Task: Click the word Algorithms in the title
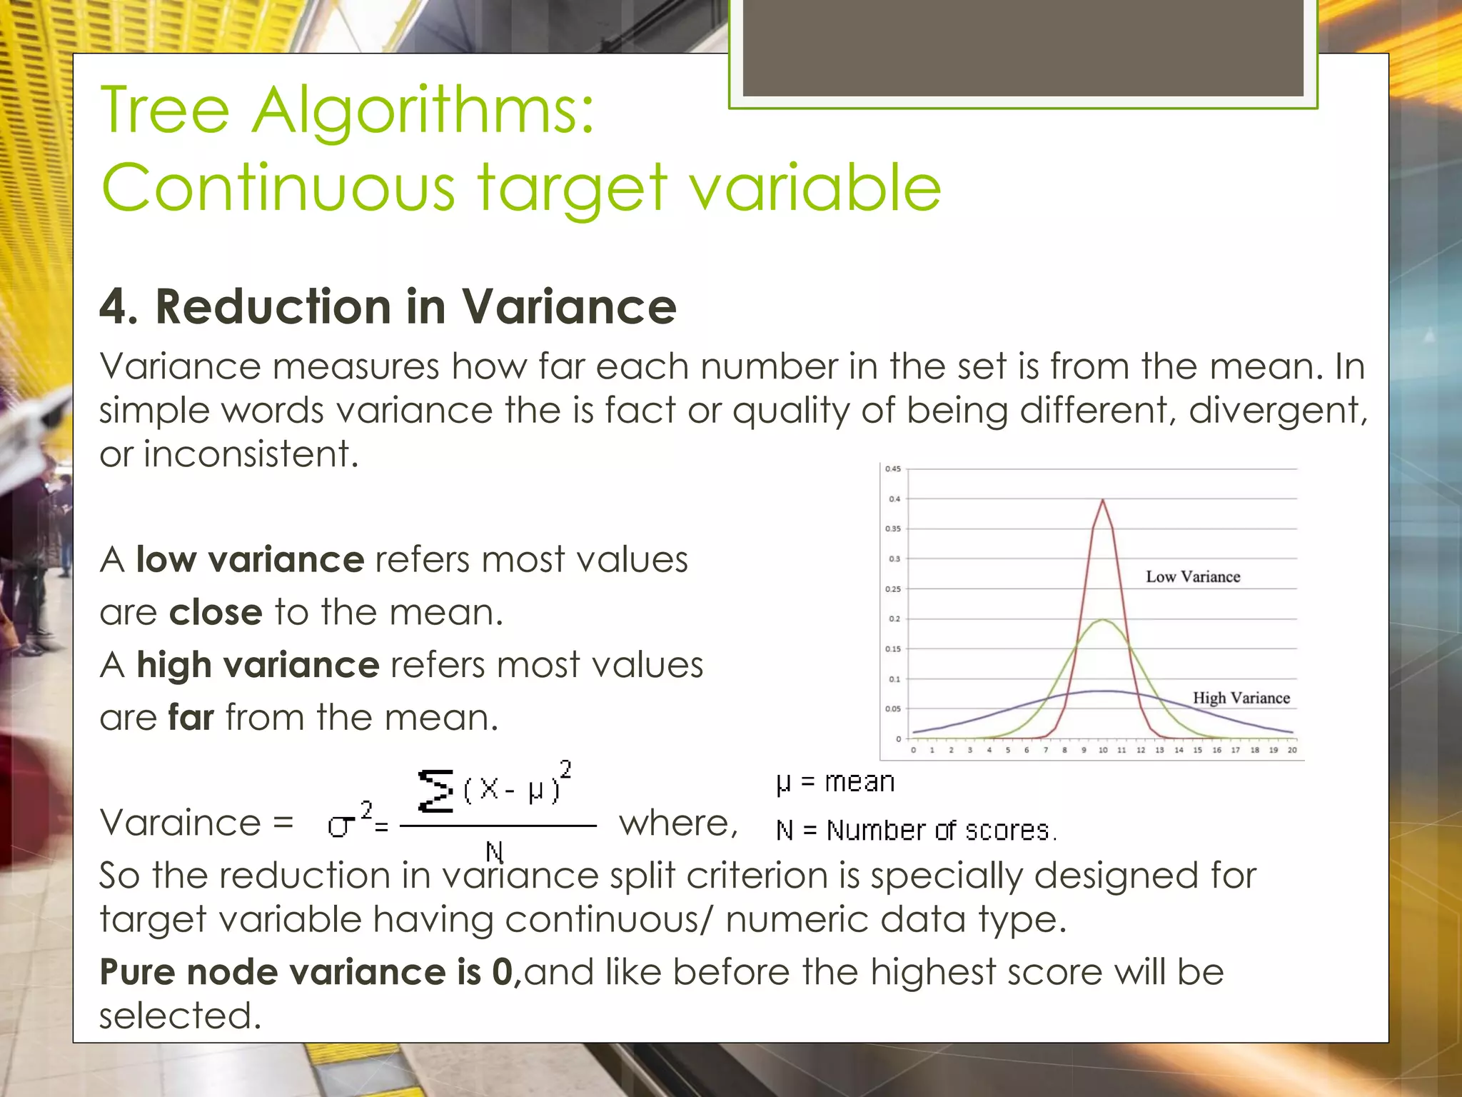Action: coord(423,111)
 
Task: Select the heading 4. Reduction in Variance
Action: coord(388,306)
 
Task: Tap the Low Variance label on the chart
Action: coord(1193,576)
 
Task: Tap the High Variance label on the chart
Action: coord(1241,698)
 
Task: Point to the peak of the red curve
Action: coord(1103,501)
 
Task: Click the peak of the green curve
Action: coord(1103,620)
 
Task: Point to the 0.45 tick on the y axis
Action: coord(893,469)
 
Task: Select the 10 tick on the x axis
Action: coord(1103,750)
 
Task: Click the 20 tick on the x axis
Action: coord(1292,750)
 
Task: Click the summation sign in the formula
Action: coord(435,791)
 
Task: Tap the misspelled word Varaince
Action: coord(180,823)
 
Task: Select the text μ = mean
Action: coord(835,783)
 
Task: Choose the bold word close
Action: coord(216,612)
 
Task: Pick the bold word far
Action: coord(191,717)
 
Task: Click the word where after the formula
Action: coord(677,823)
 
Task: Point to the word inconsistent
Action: coord(250,454)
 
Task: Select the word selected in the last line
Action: coord(180,1016)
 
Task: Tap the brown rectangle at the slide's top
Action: coord(1023,48)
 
